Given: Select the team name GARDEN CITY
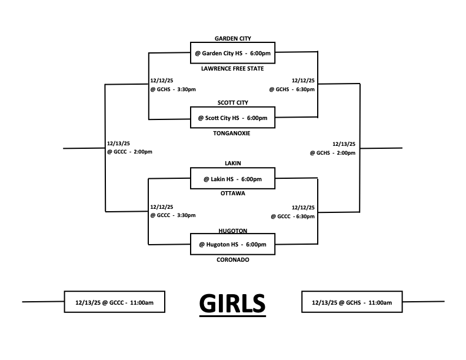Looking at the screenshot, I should [x=232, y=39].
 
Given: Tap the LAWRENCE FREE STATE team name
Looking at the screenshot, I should [x=232, y=68].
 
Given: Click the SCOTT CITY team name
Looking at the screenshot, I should [x=232, y=102].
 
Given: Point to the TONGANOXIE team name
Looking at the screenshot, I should [x=232, y=134].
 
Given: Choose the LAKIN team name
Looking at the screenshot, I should [x=233, y=163].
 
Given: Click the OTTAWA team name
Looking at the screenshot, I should [x=232, y=194].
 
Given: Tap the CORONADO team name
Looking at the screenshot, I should [x=232, y=259].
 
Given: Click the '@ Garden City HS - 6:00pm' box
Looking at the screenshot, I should [x=232, y=53].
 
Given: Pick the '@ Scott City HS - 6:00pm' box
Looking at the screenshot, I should [x=232, y=118].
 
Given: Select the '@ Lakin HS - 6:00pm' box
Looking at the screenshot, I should [x=232, y=178].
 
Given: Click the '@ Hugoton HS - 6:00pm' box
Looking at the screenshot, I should [x=232, y=244].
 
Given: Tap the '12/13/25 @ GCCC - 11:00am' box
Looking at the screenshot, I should [x=114, y=302].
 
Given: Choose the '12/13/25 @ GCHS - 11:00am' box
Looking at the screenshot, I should [x=351, y=302].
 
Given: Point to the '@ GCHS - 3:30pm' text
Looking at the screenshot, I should [x=173, y=89].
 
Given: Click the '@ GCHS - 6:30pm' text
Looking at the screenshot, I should [x=292, y=89].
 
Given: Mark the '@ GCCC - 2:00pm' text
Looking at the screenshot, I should [x=129, y=152].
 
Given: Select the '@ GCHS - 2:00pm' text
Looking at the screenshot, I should [x=332, y=153].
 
